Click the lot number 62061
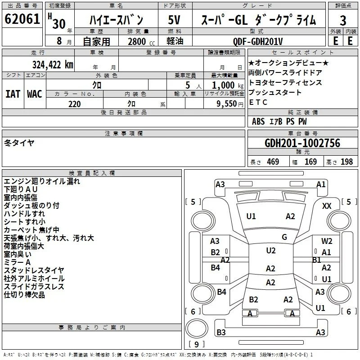click(22, 19)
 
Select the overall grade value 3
click(343, 21)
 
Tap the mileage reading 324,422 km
click(53, 65)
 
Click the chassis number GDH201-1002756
click(302, 143)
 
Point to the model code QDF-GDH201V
click(258, 41)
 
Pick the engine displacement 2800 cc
click(141, 41)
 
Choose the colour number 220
click(75, 104)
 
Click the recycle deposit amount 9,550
click(227, 104)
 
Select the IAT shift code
click(13, 94)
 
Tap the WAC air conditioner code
click(35, 94)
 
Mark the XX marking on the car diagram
click(327, 206)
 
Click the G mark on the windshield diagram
click(284, 237)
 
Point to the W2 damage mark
click(327, 241)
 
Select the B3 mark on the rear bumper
click(221, 332)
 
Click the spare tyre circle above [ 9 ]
click(197, 328)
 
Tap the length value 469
click(273, 162)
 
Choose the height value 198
click(346, 162)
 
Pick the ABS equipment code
click(258, 121)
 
